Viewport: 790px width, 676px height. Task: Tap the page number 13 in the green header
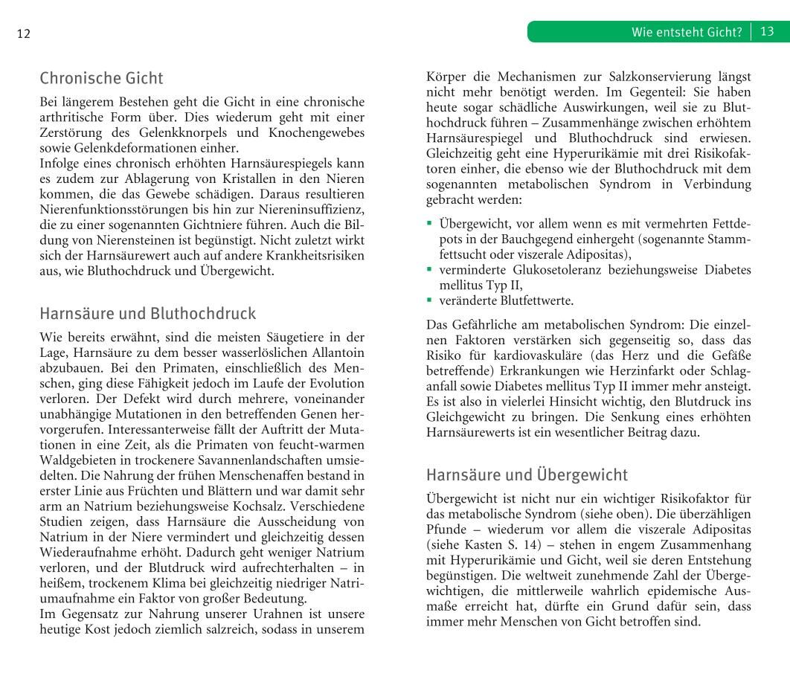[x=768, y=32]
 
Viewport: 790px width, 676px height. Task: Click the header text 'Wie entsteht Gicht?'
[x=687, y=32]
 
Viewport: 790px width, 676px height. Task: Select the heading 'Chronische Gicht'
[x=101, y=78]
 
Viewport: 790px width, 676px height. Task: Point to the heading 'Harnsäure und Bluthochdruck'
[x=147, y=313]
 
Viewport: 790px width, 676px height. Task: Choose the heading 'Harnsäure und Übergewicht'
[x=527, y=474]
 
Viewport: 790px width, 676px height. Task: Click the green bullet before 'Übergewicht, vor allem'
[x=429, y=223]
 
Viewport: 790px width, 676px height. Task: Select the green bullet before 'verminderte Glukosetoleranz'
[x=429, y=269]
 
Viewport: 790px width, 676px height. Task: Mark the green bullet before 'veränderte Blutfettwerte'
[x=429, y=300]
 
